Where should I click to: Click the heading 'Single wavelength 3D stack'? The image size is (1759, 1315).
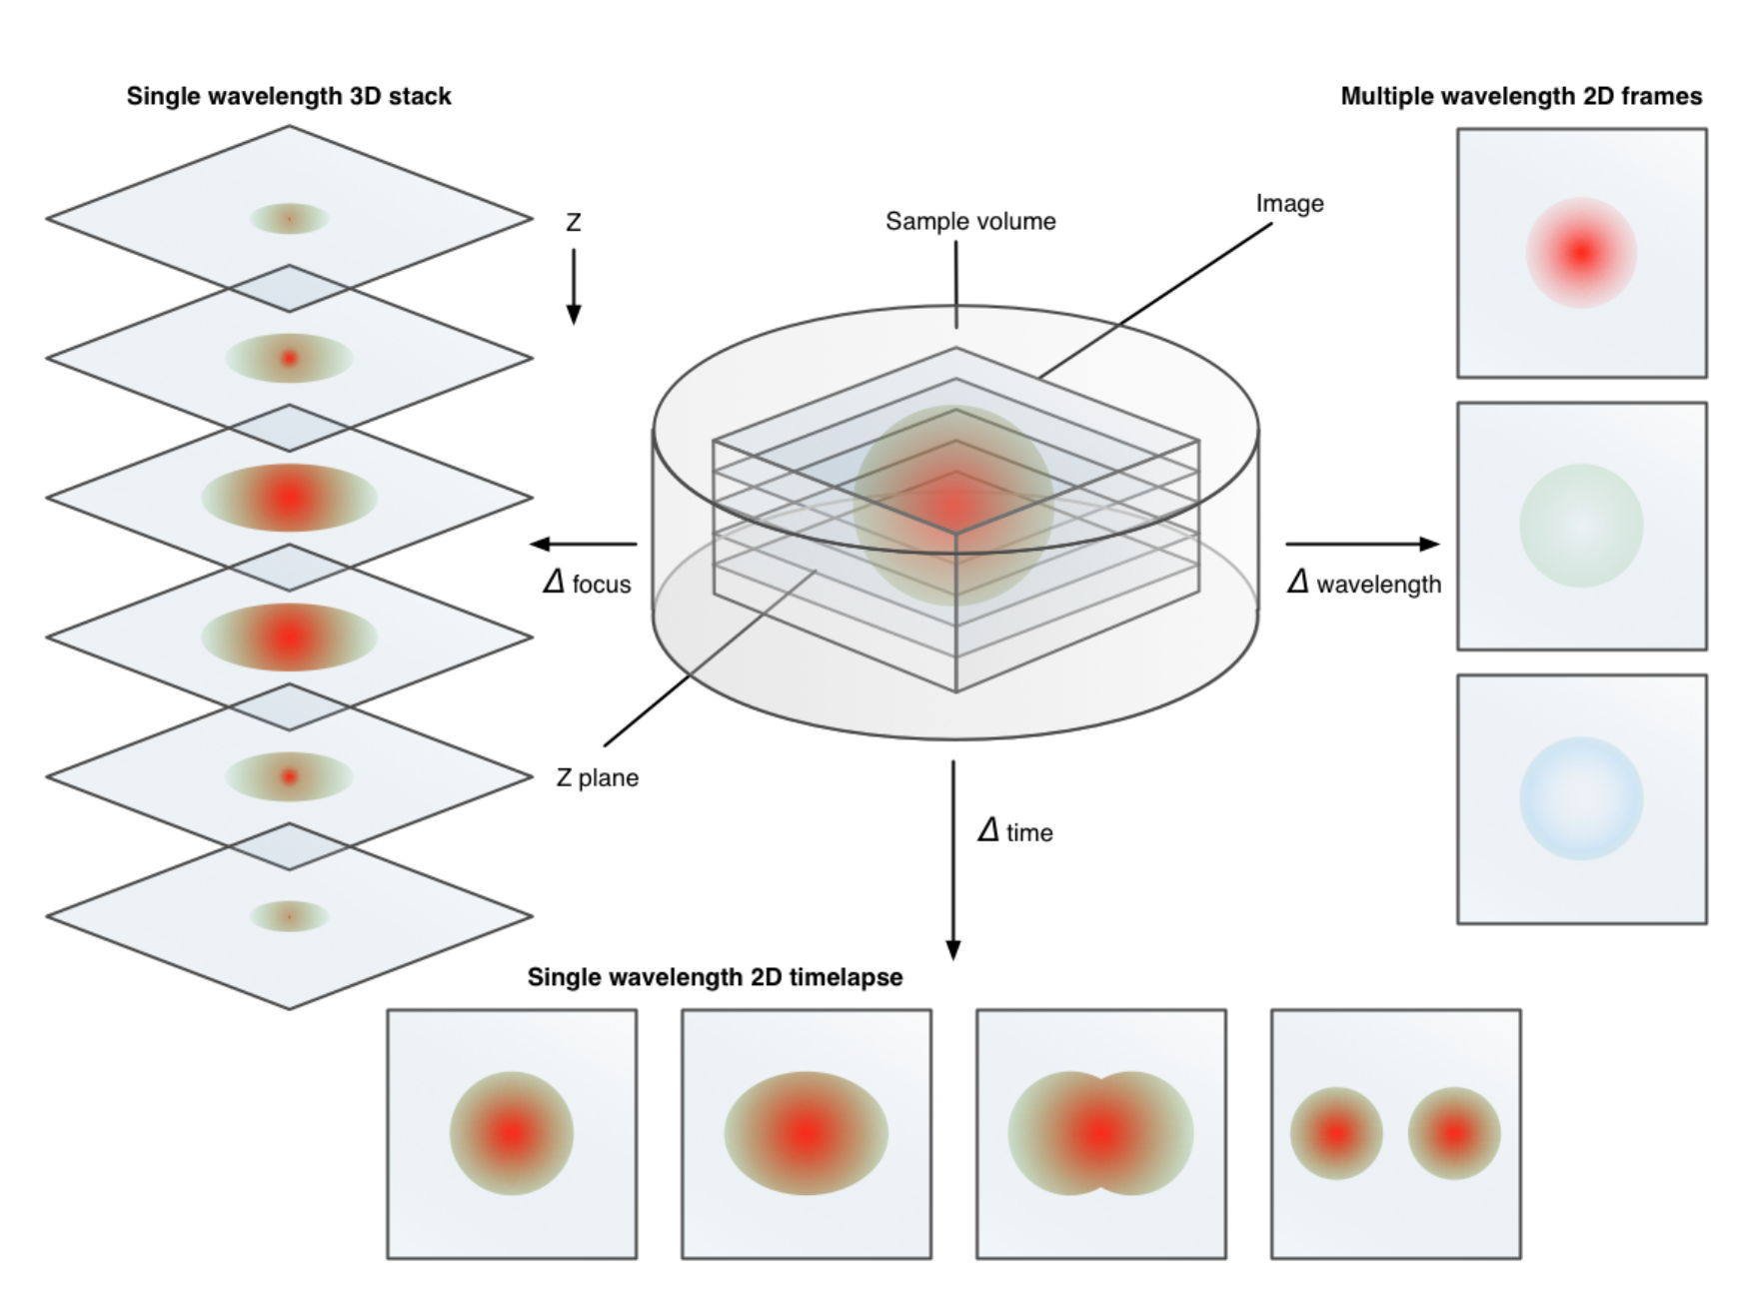tap(289, 96)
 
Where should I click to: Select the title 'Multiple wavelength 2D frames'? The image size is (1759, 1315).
tap(1521, 96)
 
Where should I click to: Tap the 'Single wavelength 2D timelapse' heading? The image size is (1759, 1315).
tap(715, 977)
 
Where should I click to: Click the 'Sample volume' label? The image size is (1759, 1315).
tap(970, 221)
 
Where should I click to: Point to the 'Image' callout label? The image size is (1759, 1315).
tap(1289, 204)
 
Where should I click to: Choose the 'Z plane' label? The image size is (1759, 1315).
tap(597, 777)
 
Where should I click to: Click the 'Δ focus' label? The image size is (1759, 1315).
tap(588, 583)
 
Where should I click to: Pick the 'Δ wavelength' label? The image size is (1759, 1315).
tap(1364, 583)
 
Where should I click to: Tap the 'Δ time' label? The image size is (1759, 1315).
tap(1015, 831)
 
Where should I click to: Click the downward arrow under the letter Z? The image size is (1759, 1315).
tap(574, 287)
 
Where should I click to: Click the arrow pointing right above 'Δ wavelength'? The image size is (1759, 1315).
tap(1362, 544)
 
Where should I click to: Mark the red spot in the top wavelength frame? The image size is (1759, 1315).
tap(1581, 253)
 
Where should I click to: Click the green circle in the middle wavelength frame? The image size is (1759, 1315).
tap(1581, 526)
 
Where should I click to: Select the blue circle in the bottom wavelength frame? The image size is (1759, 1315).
tap(1581, 798)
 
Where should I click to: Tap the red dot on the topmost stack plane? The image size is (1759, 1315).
tap(290, 218)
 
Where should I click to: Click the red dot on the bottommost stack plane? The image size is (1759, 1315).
tap(290, 915)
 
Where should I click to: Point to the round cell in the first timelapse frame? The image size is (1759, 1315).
tap(512, 1133)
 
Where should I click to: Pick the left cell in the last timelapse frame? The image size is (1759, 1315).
tap(1336, 1133)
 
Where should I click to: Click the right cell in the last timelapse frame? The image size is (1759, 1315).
tap(1454, 1133)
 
